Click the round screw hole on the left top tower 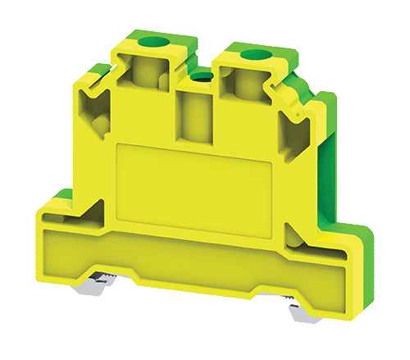[x=150, y=40]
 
